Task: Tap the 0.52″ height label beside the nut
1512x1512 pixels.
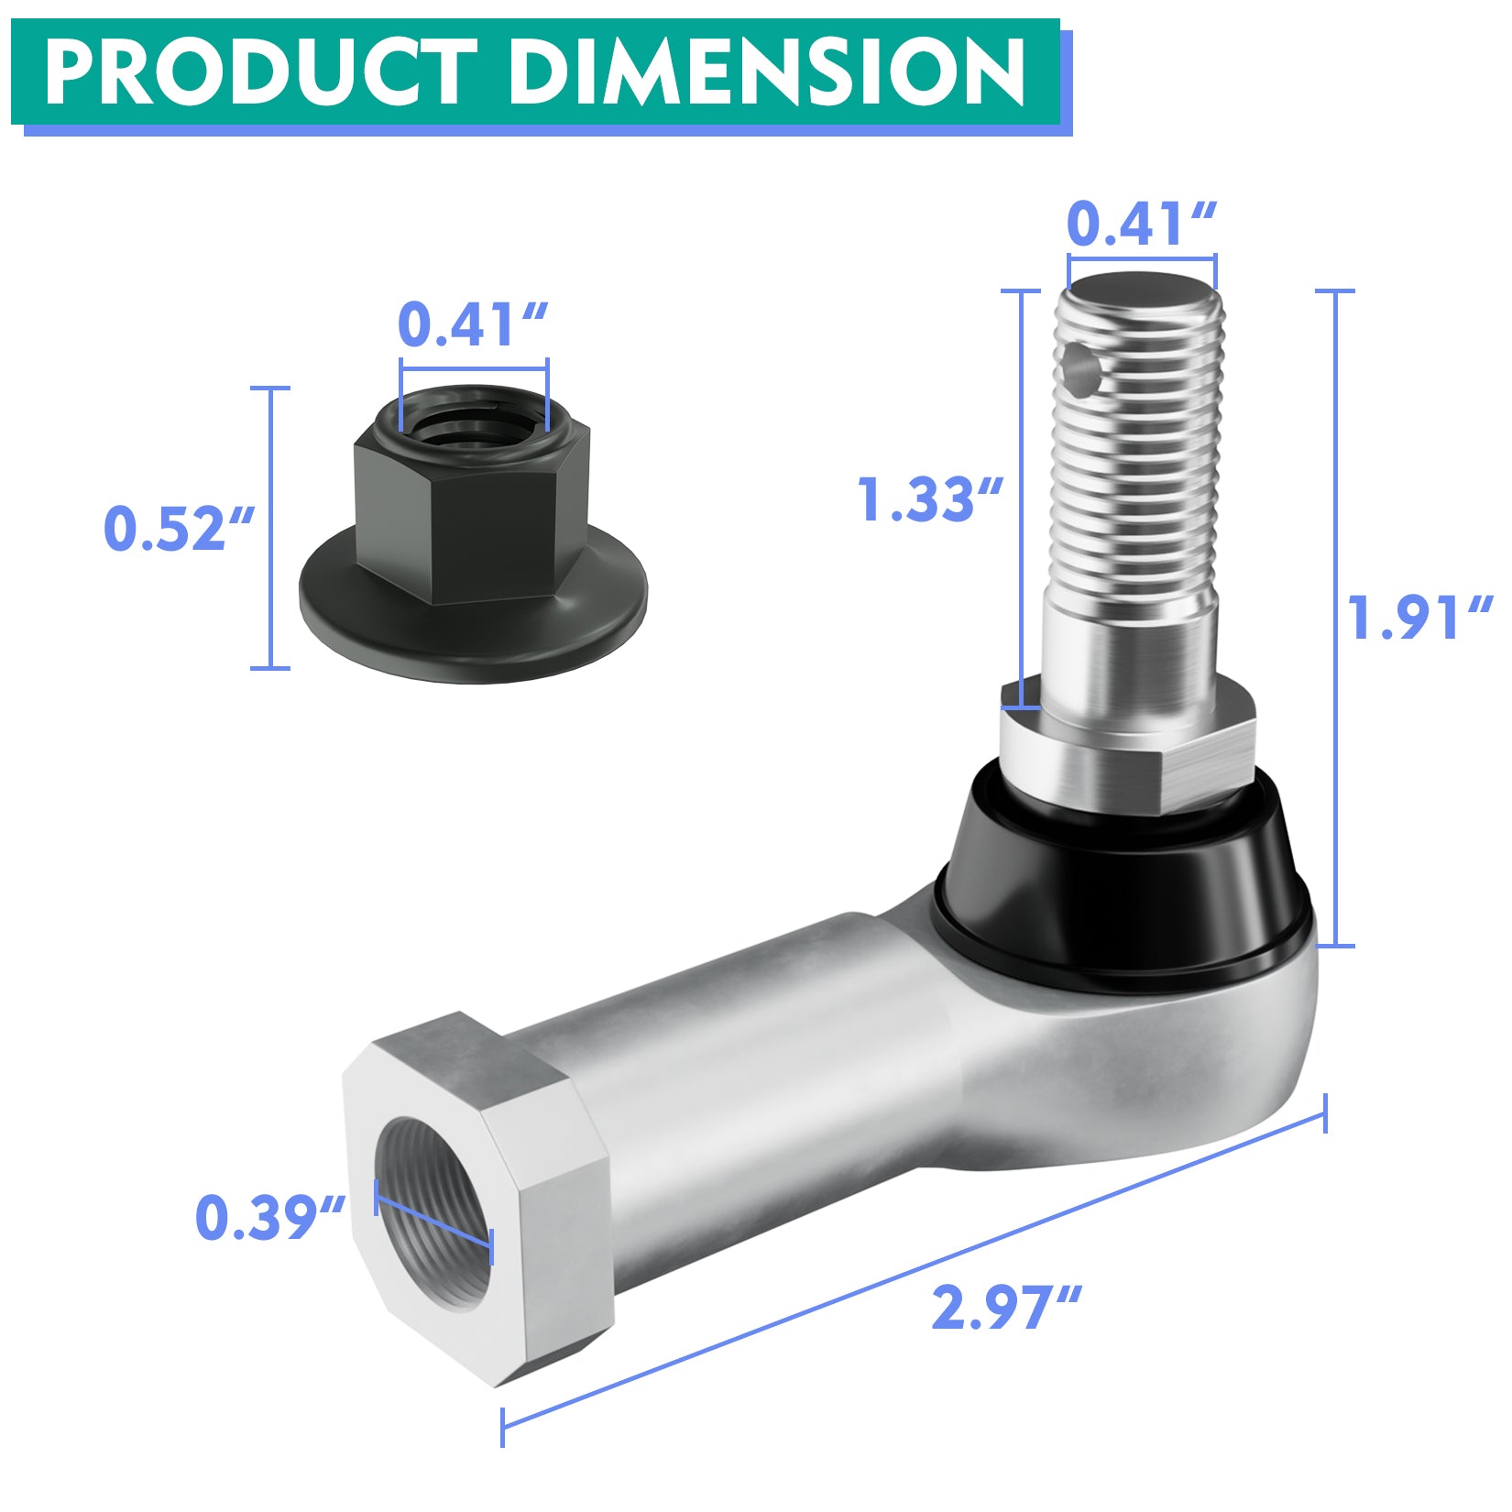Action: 179,529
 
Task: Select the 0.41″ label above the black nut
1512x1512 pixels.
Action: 473,324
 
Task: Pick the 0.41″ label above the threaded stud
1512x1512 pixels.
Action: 1142,225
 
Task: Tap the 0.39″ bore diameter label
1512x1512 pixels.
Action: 271,1218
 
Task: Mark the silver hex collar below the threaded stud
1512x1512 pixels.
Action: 1127,751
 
